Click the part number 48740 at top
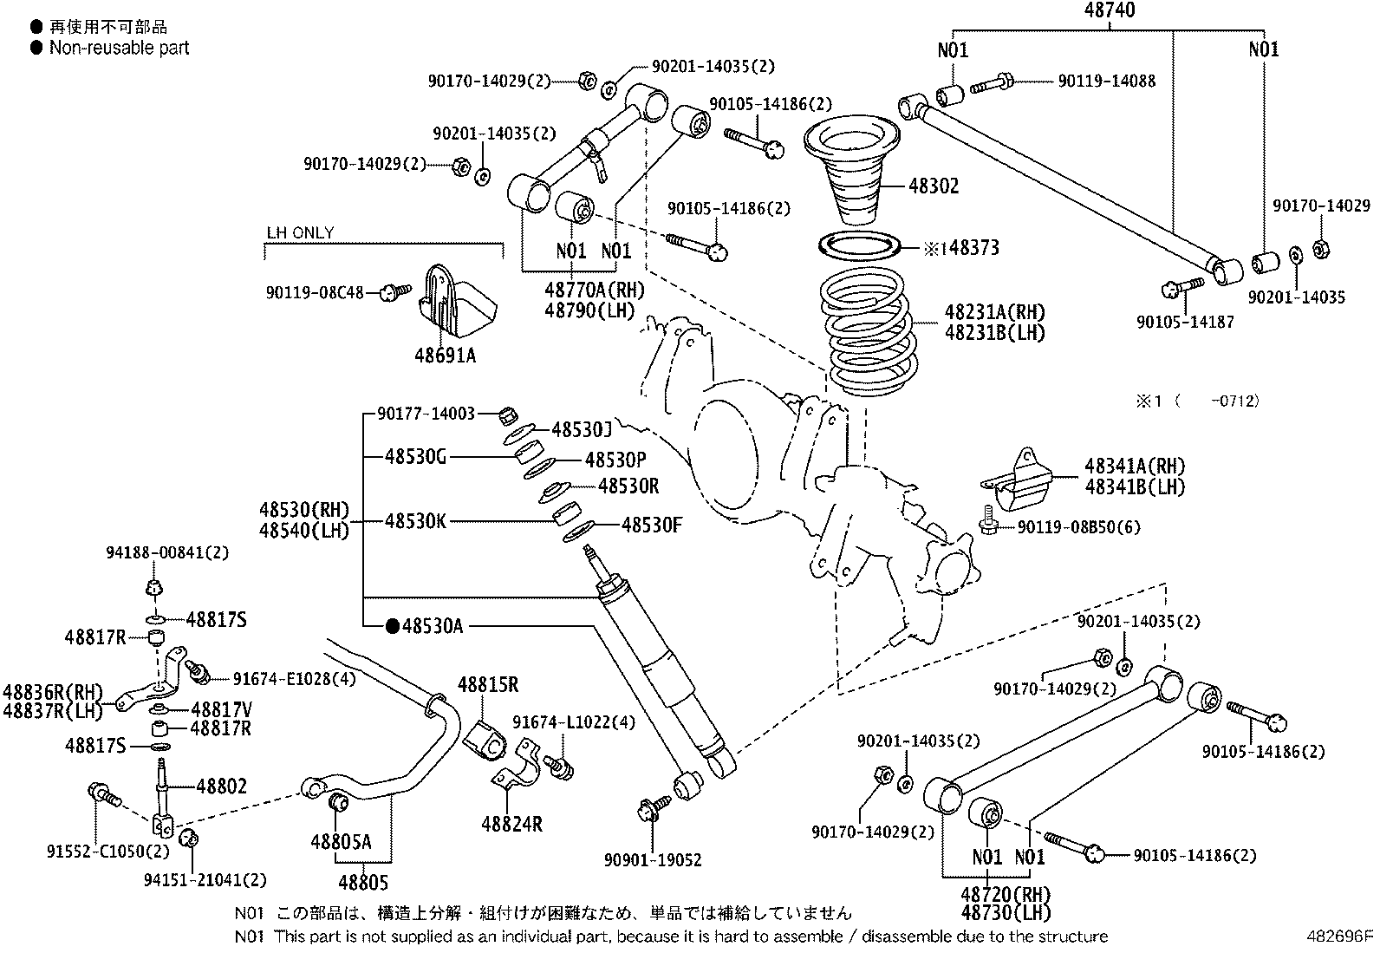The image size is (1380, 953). (1108, 10)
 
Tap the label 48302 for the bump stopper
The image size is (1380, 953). (934, 186)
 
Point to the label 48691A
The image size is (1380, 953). (445, 355)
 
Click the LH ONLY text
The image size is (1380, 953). (299, 232)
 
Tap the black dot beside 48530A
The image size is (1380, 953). (392, 625)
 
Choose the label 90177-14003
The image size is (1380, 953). (426, 414)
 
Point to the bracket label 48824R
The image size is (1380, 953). (511, 824)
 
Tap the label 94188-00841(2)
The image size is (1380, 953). (167, 552)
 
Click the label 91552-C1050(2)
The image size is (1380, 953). (108, 852)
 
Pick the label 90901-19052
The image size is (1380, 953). (653, 860)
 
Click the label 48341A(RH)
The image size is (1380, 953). (1134, 466)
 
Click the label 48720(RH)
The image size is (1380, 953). (1006, 894)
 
